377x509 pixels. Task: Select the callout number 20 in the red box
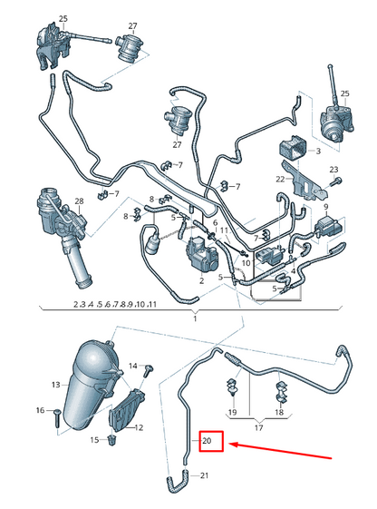coord(208,442)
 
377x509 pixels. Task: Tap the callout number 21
coord(203,476)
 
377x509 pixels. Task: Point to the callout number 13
coord(55,385)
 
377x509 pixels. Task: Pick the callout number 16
coord(40,411)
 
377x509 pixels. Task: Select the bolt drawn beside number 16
coord(56,416)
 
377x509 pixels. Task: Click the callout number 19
coord(232,413)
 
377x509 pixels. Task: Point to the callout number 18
coord(280,413)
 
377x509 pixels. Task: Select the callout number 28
coord(79,201)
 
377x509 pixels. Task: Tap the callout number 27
coord(132,26)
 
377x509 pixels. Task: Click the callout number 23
coord(333,170)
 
